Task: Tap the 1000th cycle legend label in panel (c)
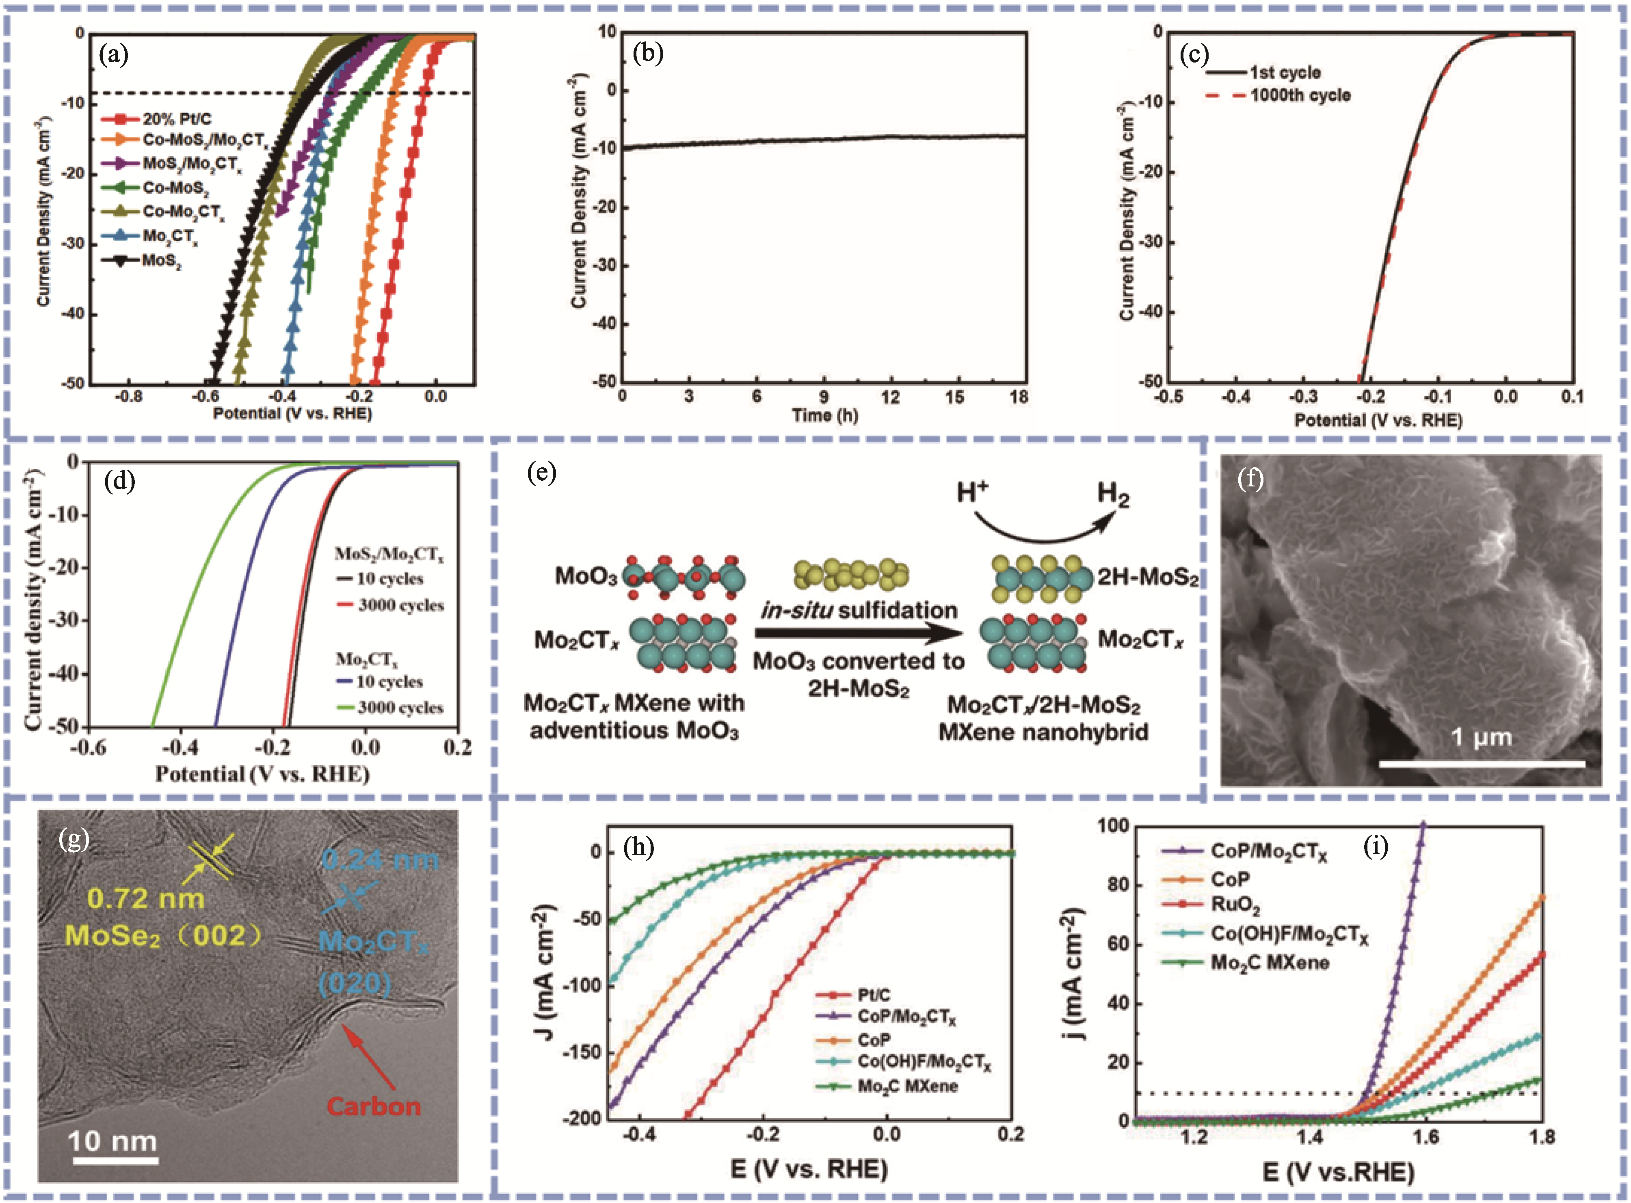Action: point(1300,95)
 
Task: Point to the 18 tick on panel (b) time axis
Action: point(1019,397)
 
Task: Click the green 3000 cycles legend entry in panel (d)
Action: point(399,707)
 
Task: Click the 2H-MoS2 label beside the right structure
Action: point(1147,577)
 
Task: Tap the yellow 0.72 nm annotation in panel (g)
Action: point(146,898)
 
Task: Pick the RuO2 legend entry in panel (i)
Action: point(1235,905)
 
